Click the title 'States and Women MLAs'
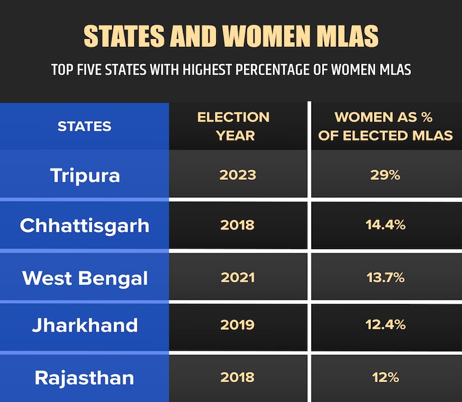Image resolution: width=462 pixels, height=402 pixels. pyautogui.click(x=231, y=37)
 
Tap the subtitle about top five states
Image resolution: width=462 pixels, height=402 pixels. pyautogui.click(x=231, y=70)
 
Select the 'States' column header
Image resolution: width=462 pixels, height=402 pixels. pyautogui.click(x=84, y=126)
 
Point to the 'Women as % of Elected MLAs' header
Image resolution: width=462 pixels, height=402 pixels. pyautogui.click(x=386, y=126)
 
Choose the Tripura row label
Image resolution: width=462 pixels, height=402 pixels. pyautogui.click(x=85, y=176)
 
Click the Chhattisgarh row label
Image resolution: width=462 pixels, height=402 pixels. pyautogui.click(x=84, y=225)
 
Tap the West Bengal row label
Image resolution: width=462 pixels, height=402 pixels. pyautogui.click(x=85, y=277)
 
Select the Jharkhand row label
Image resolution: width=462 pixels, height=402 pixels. pyautogui.click(x=85, y=325)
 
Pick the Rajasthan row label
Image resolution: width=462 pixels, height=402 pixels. pyautogui.click(x=84, y=377)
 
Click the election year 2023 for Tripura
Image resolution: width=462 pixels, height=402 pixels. pyautogui.click(x=238, y=175)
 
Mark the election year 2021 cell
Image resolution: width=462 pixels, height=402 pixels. pyautogui.click(x=238, y=277)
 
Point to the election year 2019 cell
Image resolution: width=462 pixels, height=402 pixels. pyautogui.click(x=238, y=325)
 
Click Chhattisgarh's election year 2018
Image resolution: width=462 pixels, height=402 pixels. pyautogui.click(x=238, y=225)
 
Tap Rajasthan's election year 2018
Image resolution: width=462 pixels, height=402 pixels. pyautogui.click(x=238, y=377)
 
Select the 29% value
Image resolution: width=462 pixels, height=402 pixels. pyautogui.click(x=386, y=175)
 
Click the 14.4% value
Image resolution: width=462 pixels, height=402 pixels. pyautogui.click(x=386, y=225)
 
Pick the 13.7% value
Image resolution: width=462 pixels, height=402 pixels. pyautogui.click(x=386, y=277)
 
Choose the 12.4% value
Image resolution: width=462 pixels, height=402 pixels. pyautogui.click(x=386, y=325)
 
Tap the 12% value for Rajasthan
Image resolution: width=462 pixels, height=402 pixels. pyautogui.click(x=386, y=377)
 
